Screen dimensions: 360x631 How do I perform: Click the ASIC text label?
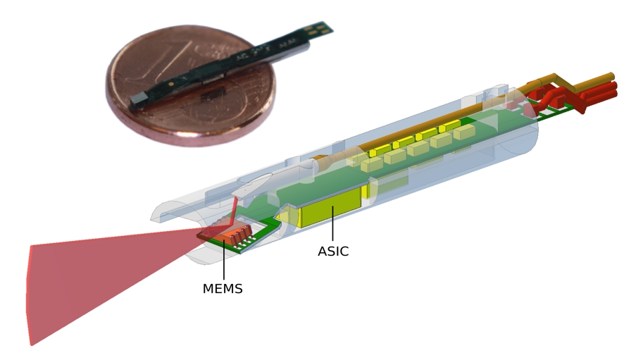(333, 252)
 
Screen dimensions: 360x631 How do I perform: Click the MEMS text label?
(223, 288)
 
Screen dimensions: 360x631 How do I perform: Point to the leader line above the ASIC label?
(332, 229)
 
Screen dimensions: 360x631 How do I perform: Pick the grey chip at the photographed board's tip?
(140, 102)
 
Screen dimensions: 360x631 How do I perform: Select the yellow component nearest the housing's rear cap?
(469, 125)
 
